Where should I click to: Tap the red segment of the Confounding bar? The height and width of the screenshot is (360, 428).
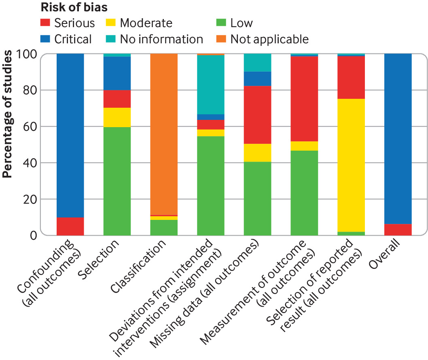[x=70, y=226]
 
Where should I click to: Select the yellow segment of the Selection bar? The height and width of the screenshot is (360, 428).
[x=117, y=117]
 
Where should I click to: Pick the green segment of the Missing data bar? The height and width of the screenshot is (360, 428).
[x=257, y=198]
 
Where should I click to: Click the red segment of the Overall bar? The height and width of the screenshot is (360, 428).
[x=398, y=230]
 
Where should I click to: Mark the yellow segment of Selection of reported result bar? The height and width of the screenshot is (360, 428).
[x=351, y=165]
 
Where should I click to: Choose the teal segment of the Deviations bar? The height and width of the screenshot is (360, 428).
[x=211, y=85]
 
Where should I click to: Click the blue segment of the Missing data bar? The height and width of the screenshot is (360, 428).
[x=257, y=79]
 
